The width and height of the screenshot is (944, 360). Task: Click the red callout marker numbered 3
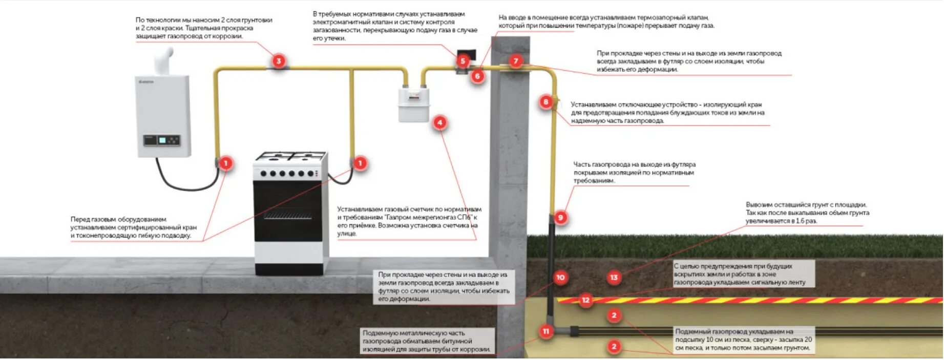click(278, 61)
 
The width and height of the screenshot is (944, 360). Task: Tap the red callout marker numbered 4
click(439, 123)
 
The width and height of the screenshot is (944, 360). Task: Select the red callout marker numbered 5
click(463, 61)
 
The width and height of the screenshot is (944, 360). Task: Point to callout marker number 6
click(477, 76)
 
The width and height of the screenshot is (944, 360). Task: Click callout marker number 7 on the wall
click(516, 61)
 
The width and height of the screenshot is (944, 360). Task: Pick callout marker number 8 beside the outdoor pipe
click(546, 102)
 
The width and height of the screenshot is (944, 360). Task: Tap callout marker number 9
click(560, 218)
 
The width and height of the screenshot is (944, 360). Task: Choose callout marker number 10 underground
click(560, 278)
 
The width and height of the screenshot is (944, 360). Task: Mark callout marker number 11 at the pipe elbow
click(546, 331)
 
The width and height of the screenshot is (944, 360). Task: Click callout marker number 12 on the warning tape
click(585, 300)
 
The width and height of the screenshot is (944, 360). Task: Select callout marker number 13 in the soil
click(614, 278)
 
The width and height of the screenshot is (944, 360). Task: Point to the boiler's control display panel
click(162, 140)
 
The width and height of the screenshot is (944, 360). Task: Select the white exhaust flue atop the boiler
click(165, 60)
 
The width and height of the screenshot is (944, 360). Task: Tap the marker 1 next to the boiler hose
click(225, 163)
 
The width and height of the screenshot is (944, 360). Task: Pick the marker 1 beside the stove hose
click(360, 163)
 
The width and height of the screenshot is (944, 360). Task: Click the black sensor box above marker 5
click(467, 53)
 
